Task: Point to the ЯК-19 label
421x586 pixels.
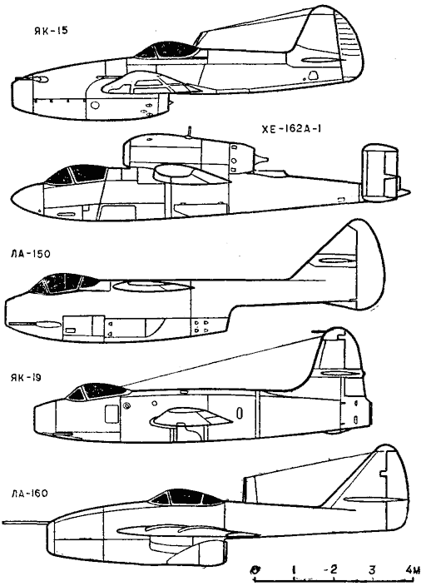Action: tap(26, 378)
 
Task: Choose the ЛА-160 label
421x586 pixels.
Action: tap(29, 494)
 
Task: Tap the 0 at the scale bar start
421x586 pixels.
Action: tap(256, 570)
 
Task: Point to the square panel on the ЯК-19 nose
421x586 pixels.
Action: tap(111, 415)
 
